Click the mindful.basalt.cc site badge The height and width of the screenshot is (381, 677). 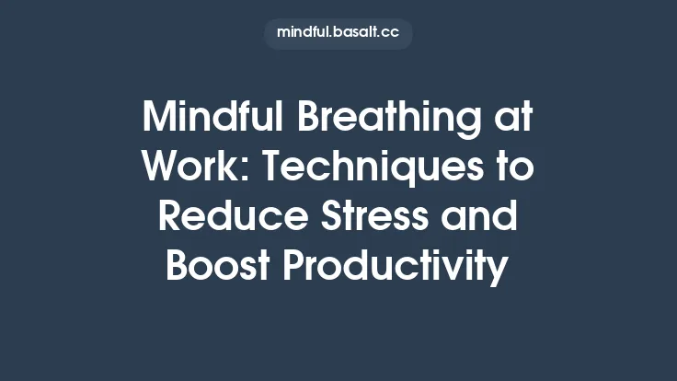pyautogui.click(x=338, y=33)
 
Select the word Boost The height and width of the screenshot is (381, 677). pyautogui.click(x=218, y=266)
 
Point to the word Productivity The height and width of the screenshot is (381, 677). pyautogui.click(x=395, y=268)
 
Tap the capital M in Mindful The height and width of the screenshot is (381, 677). pyautogui.click(x=159, y=120)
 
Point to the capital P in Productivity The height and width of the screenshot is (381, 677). pyautogui.click(x=293, y=266)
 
